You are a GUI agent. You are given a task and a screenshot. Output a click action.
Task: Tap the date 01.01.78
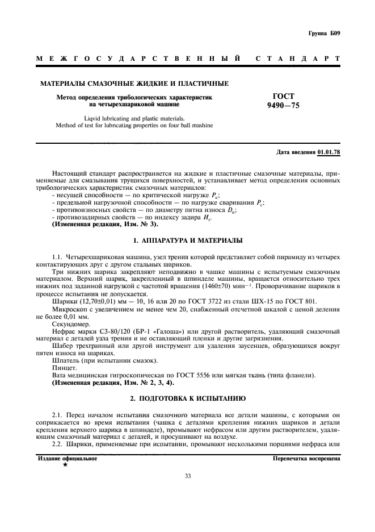(x=328, y=153)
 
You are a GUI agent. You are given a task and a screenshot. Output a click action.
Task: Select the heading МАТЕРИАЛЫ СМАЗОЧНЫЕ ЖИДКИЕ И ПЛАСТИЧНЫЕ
(x=134, y=84)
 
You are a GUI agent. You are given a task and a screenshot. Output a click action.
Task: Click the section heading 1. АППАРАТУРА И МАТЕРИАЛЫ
(x=188, y=241)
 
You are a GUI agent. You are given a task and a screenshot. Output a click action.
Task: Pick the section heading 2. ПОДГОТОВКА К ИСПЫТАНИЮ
(x=188, y=398)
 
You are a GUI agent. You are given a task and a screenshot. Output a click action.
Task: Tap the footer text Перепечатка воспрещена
(x=306, y=458)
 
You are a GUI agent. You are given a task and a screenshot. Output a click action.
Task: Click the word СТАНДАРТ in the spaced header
(x=298, y=59)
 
